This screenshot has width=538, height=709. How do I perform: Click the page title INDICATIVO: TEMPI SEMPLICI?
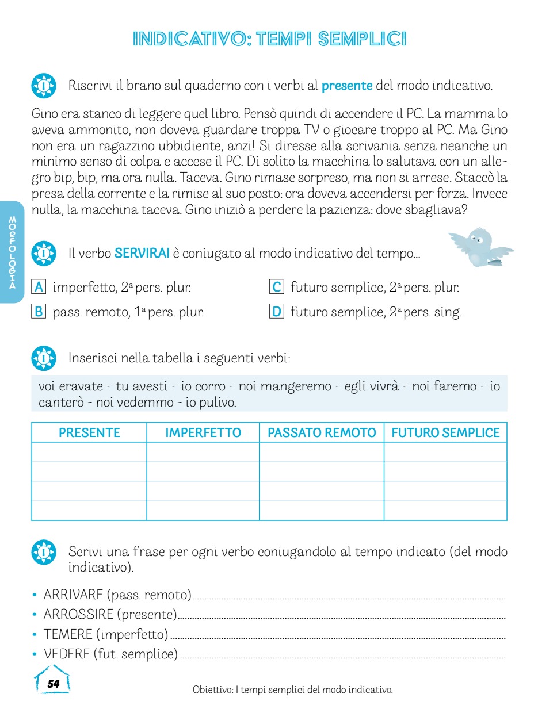[269, 39]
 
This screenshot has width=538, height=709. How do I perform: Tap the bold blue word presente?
[347, 86]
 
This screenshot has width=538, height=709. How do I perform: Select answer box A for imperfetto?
[39, 286]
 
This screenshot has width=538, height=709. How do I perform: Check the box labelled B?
[39, 312]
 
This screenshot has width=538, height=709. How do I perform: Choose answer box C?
[277, 286]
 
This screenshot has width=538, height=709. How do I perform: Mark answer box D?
[277, 312]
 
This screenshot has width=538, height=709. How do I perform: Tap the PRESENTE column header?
[89, 433]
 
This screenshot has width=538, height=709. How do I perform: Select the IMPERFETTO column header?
[203, 433]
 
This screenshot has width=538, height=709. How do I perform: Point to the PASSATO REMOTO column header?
[322, 433]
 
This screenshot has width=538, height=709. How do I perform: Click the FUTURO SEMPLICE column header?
[445, 433]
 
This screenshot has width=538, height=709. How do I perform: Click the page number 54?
[53, 684]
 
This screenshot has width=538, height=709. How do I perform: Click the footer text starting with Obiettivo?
[292, 689]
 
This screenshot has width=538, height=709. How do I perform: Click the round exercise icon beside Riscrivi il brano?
[44, 86]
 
